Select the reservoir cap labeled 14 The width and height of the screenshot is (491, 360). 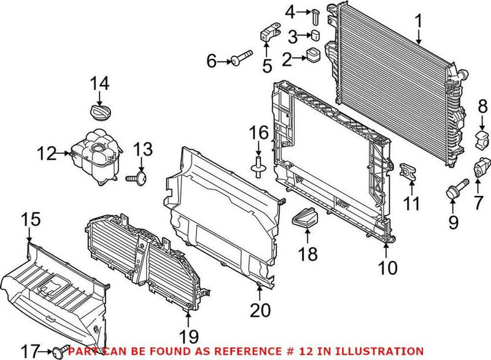pos(98,112)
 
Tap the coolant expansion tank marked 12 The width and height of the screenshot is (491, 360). pos(93,157)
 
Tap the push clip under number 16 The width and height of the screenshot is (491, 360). pos(258,164)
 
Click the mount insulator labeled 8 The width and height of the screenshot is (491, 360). pos(482,139)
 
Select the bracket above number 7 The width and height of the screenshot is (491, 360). pos(481,166)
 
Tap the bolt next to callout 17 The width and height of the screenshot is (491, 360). pos(60,352)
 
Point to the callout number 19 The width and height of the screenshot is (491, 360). pos(188,336)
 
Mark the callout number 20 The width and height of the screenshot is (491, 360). pos(263,311)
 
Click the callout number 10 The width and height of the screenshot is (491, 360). pos(388,267)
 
